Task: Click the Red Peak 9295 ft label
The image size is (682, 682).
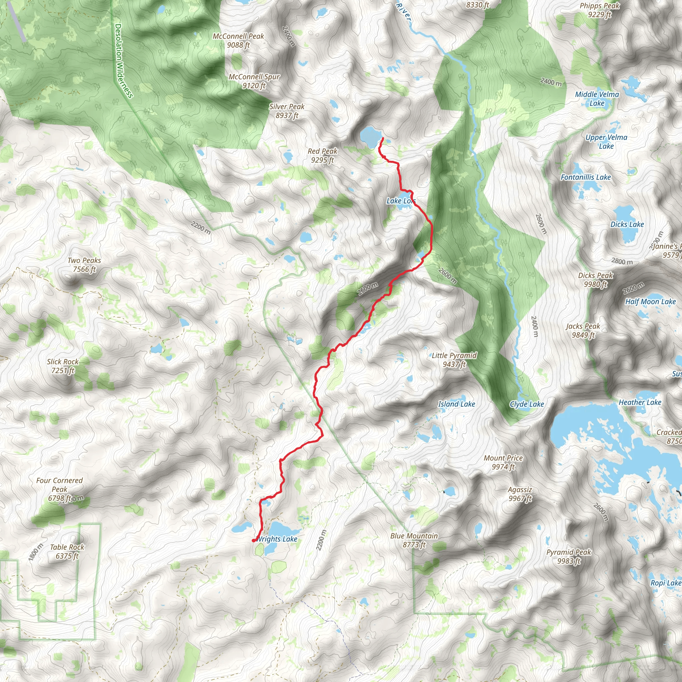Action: tap(322, 155)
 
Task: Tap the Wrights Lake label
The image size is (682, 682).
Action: tap(276, 539)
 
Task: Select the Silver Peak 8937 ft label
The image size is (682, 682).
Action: tap(287, 111)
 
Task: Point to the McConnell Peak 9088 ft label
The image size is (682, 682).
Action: tap(238, 40)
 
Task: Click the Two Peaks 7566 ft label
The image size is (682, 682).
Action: tap(84, 264)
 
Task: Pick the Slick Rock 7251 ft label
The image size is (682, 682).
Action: tap(63, 366)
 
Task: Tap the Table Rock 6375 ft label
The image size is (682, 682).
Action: tap(67, 551)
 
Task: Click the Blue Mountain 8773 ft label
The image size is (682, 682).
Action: tap(414, 540)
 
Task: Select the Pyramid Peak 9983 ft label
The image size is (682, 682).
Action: tap(568, 556)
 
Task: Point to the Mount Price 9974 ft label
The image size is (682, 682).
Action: tap(503, 462)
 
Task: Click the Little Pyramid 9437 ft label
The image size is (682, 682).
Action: tap(454, 359)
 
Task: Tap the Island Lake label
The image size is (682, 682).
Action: tap(457, 404)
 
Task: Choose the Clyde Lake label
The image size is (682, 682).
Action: tap(527, 404)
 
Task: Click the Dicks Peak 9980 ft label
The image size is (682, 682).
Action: tap(595, 280)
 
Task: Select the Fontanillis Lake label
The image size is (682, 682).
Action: tap(586, 177)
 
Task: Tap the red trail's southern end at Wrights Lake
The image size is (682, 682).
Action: tap(254, 540)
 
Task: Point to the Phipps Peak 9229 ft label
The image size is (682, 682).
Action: tap(599, 10)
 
